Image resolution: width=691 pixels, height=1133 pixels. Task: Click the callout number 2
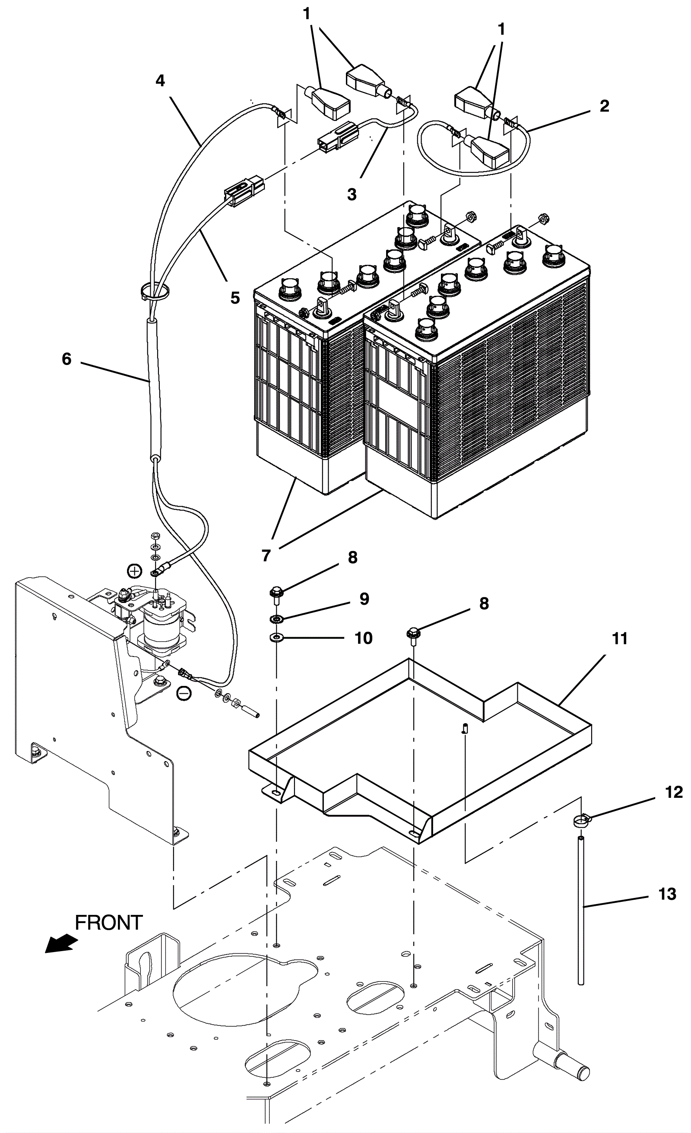coord(604,106)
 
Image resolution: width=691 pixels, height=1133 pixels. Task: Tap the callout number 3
coord(352,194)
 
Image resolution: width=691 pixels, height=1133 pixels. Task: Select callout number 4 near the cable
coord(159,81)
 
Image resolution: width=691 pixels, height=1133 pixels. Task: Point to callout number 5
coord(235,298)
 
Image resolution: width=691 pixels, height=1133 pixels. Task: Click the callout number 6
coord(67,359)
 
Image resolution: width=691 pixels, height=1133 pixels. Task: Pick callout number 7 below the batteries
coord(266,555)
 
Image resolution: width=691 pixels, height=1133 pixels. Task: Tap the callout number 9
coord(364,599)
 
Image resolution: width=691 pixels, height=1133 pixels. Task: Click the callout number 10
coord(363,638)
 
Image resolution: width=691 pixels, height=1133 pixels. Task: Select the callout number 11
coord(620,639)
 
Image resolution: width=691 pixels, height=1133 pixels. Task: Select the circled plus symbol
coord(134,571)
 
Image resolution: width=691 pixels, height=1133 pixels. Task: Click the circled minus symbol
coord(184,694)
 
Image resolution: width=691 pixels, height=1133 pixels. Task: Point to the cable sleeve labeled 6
coord(153,389)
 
